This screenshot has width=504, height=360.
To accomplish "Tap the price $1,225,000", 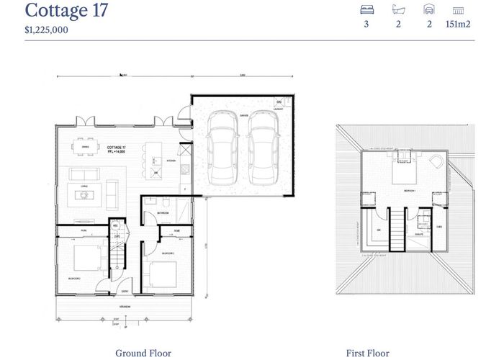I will pyautogui.click(x=48, y=30).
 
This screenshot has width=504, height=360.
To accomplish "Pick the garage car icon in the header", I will pyautogui.click(x=429, y=10).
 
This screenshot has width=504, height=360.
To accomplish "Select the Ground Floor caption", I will pyautogui.click(x=143, y=353).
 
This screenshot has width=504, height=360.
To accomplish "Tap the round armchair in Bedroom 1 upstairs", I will pyautogui.click(x=436, y=163).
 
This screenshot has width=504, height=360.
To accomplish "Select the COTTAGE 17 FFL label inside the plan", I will pyautogui.click(x=117, y=148).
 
